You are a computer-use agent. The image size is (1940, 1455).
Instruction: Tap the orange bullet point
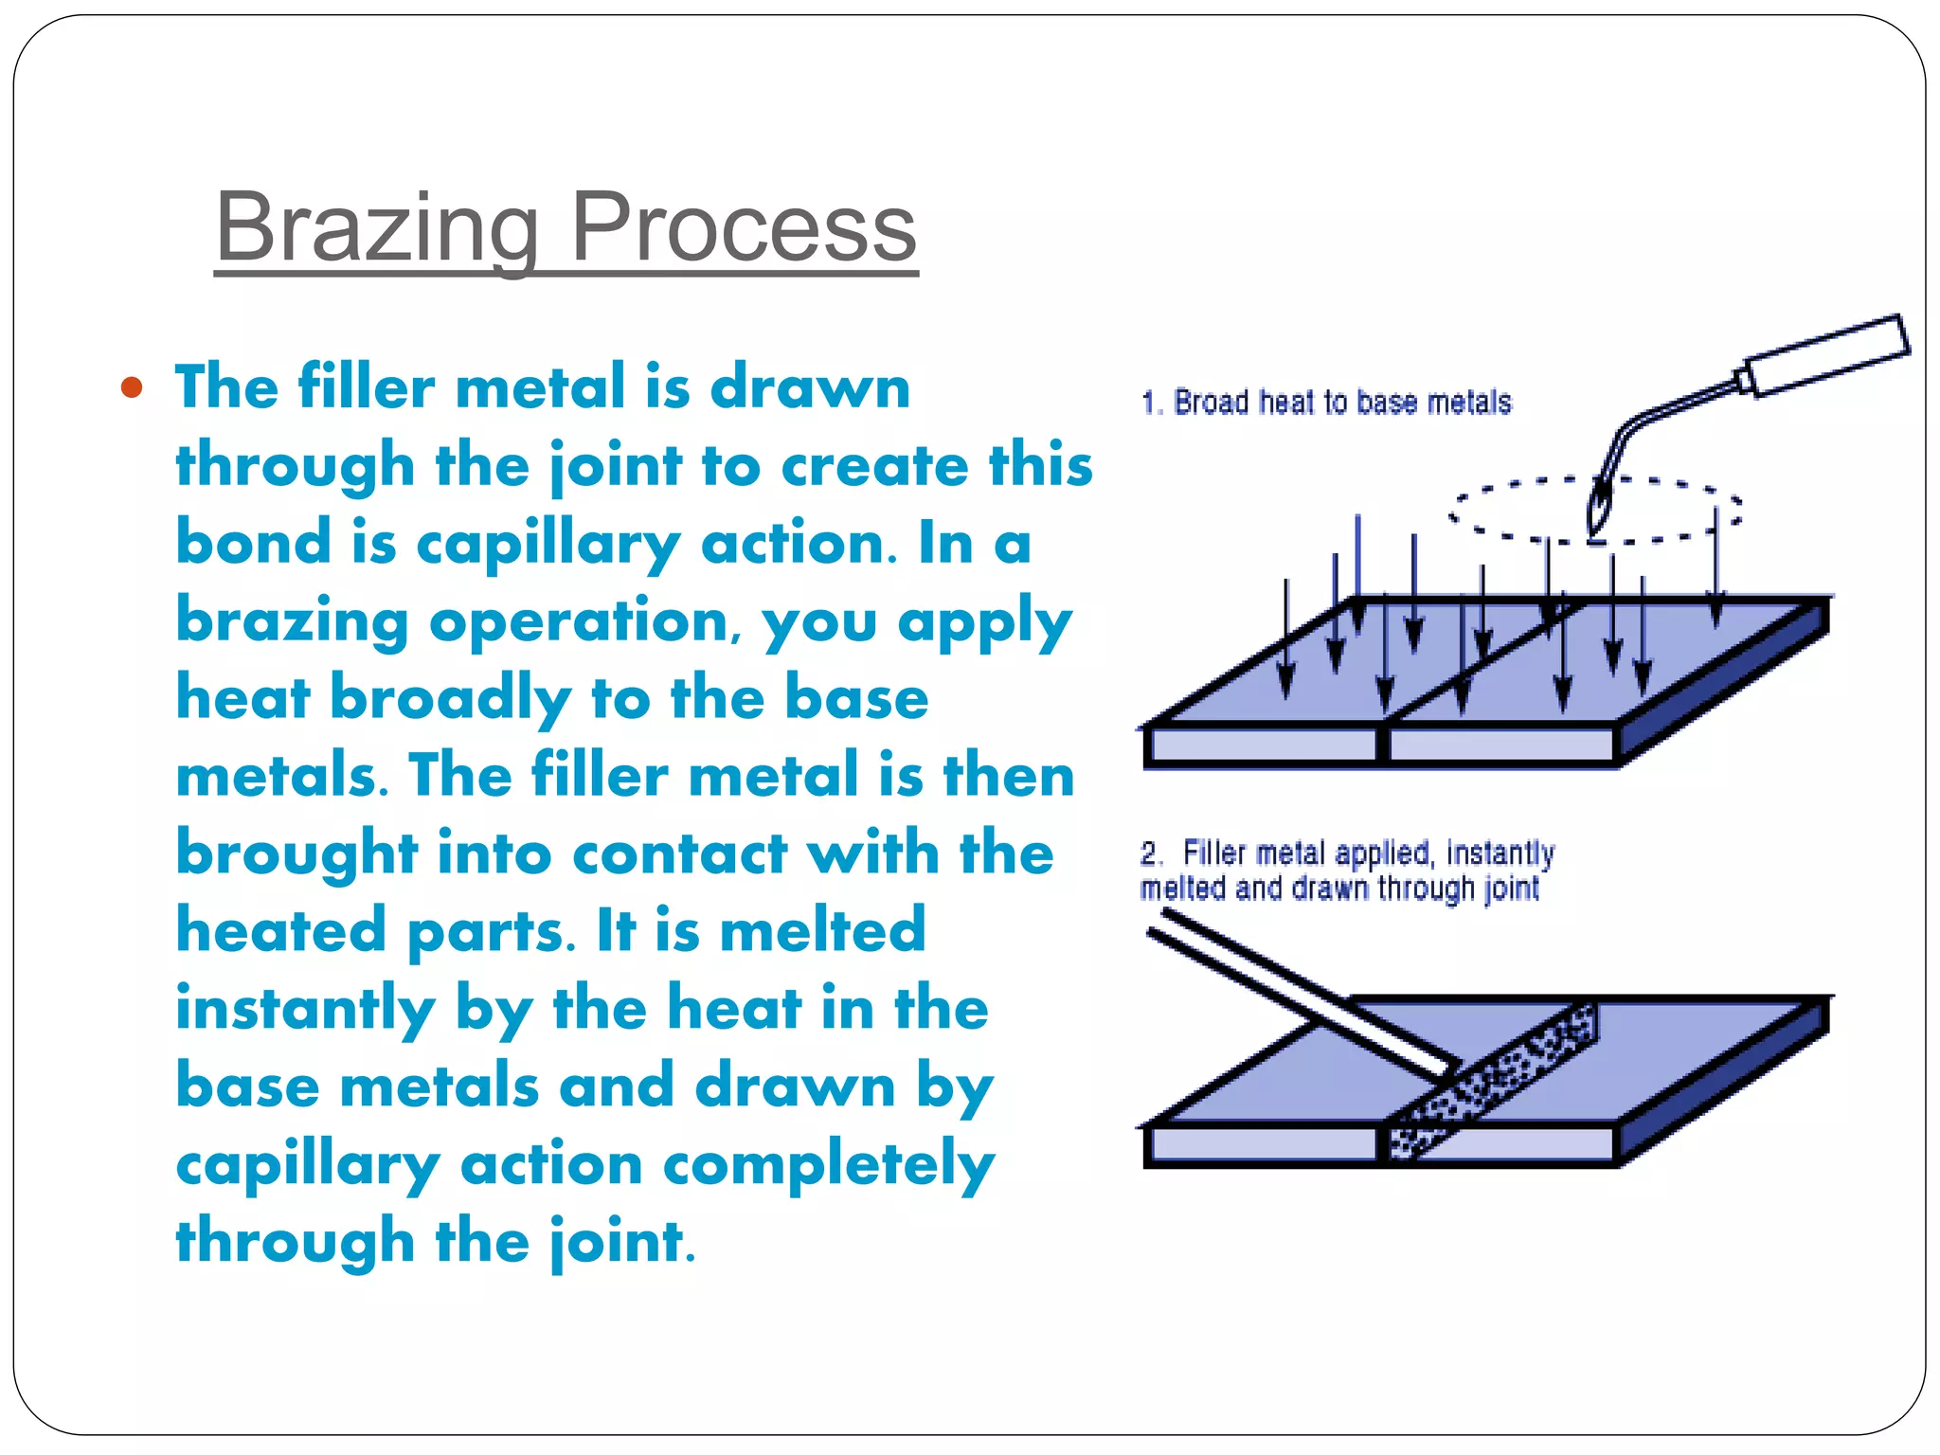(132, 387)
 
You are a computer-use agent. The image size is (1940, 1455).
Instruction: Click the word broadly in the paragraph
(450, 700)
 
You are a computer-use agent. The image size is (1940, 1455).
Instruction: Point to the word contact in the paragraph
(679, 853)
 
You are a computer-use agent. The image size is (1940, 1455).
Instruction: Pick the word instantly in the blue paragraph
(305, 1009)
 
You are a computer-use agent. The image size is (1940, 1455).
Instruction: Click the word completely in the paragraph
(828, 1164)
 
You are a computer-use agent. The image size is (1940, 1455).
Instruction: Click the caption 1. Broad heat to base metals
(1325, 403)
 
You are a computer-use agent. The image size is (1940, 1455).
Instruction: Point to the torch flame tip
(1599, 512)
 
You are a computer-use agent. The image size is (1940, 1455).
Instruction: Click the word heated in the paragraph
(280, 931)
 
